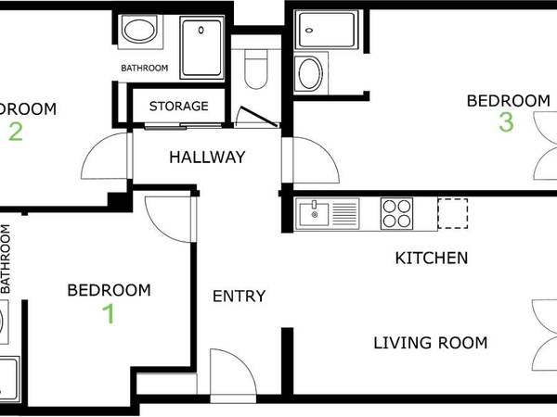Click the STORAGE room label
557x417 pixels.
(x=179, y=107)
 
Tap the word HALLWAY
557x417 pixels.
(x=207, y=158)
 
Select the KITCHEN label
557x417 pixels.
(x=432, y=258)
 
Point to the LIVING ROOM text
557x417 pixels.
(x=430, y=343)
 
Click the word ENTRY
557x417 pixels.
(x=239, y=297)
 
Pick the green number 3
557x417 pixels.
(x=506, y=122)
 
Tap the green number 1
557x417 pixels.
(x=109, y=314)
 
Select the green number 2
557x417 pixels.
(x=15, y=132)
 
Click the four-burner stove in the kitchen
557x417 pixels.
(x=396, y=214)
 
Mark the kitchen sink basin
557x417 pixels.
(x=316, y=215)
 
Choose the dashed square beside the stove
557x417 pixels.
(x=453, y=214)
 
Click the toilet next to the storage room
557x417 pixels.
(x=254, y=70)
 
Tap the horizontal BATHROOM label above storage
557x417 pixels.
(x=144, y=69)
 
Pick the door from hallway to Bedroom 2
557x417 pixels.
(x=104, y=158)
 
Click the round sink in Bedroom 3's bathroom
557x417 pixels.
(x=308, y=71)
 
